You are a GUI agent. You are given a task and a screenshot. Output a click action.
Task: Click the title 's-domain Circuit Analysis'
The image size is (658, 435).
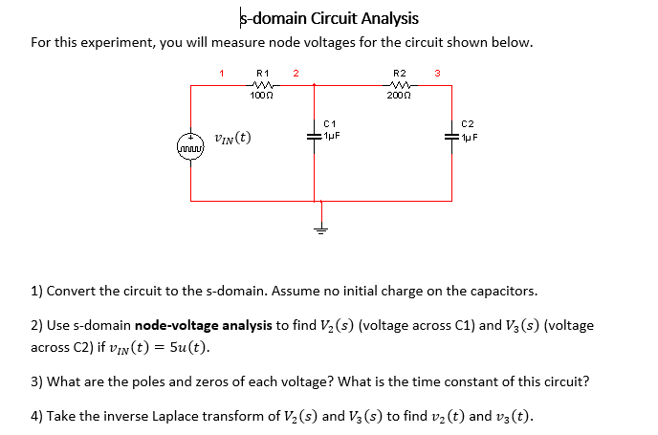click(328, 18)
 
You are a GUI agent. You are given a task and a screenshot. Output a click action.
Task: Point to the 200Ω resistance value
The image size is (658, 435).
click(400, 96)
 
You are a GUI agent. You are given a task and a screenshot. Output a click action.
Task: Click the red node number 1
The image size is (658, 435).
click(221, 72)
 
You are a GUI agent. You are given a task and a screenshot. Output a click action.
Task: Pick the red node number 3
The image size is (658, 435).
click(436, 73)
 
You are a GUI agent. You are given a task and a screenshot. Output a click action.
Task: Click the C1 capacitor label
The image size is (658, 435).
click(330, 123)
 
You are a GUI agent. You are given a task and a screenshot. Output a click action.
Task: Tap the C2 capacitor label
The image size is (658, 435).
click(467, 123)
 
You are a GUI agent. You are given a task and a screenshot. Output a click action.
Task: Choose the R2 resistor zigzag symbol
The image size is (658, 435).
click(400, 84)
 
